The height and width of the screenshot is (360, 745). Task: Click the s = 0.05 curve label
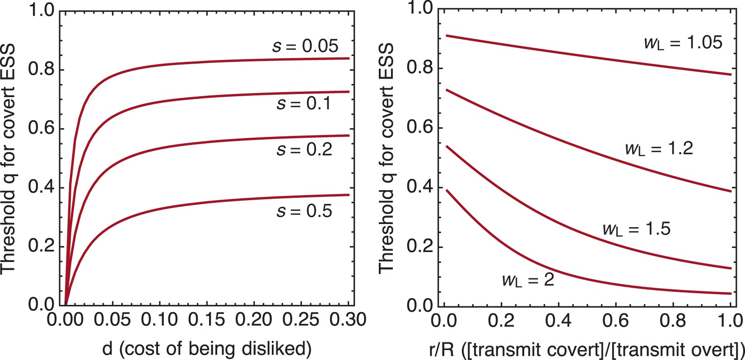point(305,46)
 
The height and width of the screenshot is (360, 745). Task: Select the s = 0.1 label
point(304,104)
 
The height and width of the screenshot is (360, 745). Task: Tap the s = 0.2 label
point(304,150)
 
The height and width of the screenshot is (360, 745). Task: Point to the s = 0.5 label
point(304,211)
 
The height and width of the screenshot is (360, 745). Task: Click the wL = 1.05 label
point(683,43)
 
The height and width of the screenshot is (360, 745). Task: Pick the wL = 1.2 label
point(659,149)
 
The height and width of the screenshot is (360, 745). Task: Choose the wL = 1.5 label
point(637,229)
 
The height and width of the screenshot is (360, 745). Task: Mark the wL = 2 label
point(528,281)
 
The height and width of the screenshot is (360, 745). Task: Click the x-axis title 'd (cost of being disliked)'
point(207,349)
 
